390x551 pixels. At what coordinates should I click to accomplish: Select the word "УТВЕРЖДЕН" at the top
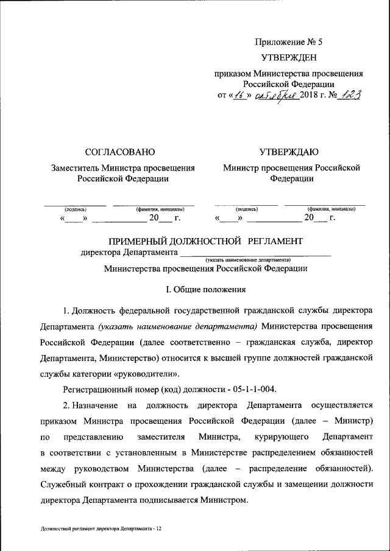tap(288, 58)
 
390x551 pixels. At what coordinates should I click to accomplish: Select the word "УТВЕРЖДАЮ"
tap(288, 152)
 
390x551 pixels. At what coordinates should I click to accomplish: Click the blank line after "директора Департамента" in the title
tap(255, 253)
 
